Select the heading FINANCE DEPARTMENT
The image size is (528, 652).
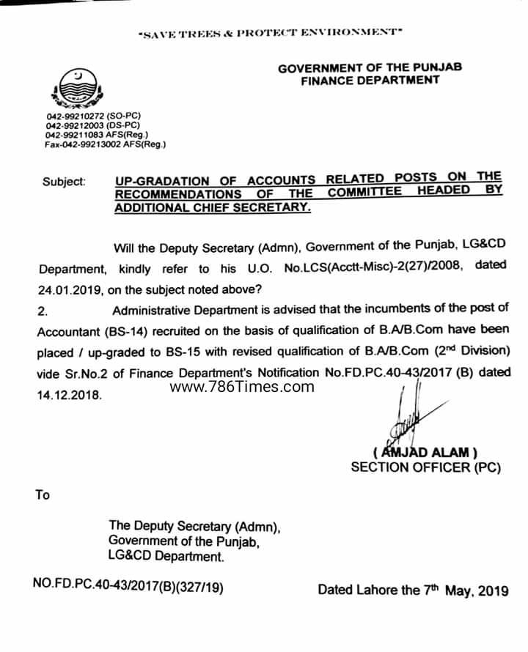click(370, 81)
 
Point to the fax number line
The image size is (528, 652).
click(105, 144)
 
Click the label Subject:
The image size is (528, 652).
click(64, 181)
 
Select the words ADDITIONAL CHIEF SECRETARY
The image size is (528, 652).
click(213, 207)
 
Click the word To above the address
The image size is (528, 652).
click(43, 495)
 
